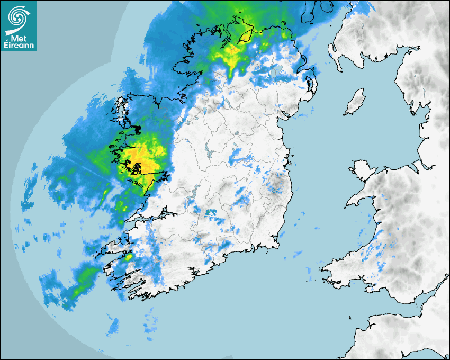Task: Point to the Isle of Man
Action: tap(355, 103)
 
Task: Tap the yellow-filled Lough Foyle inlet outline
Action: tap(246, 37)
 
